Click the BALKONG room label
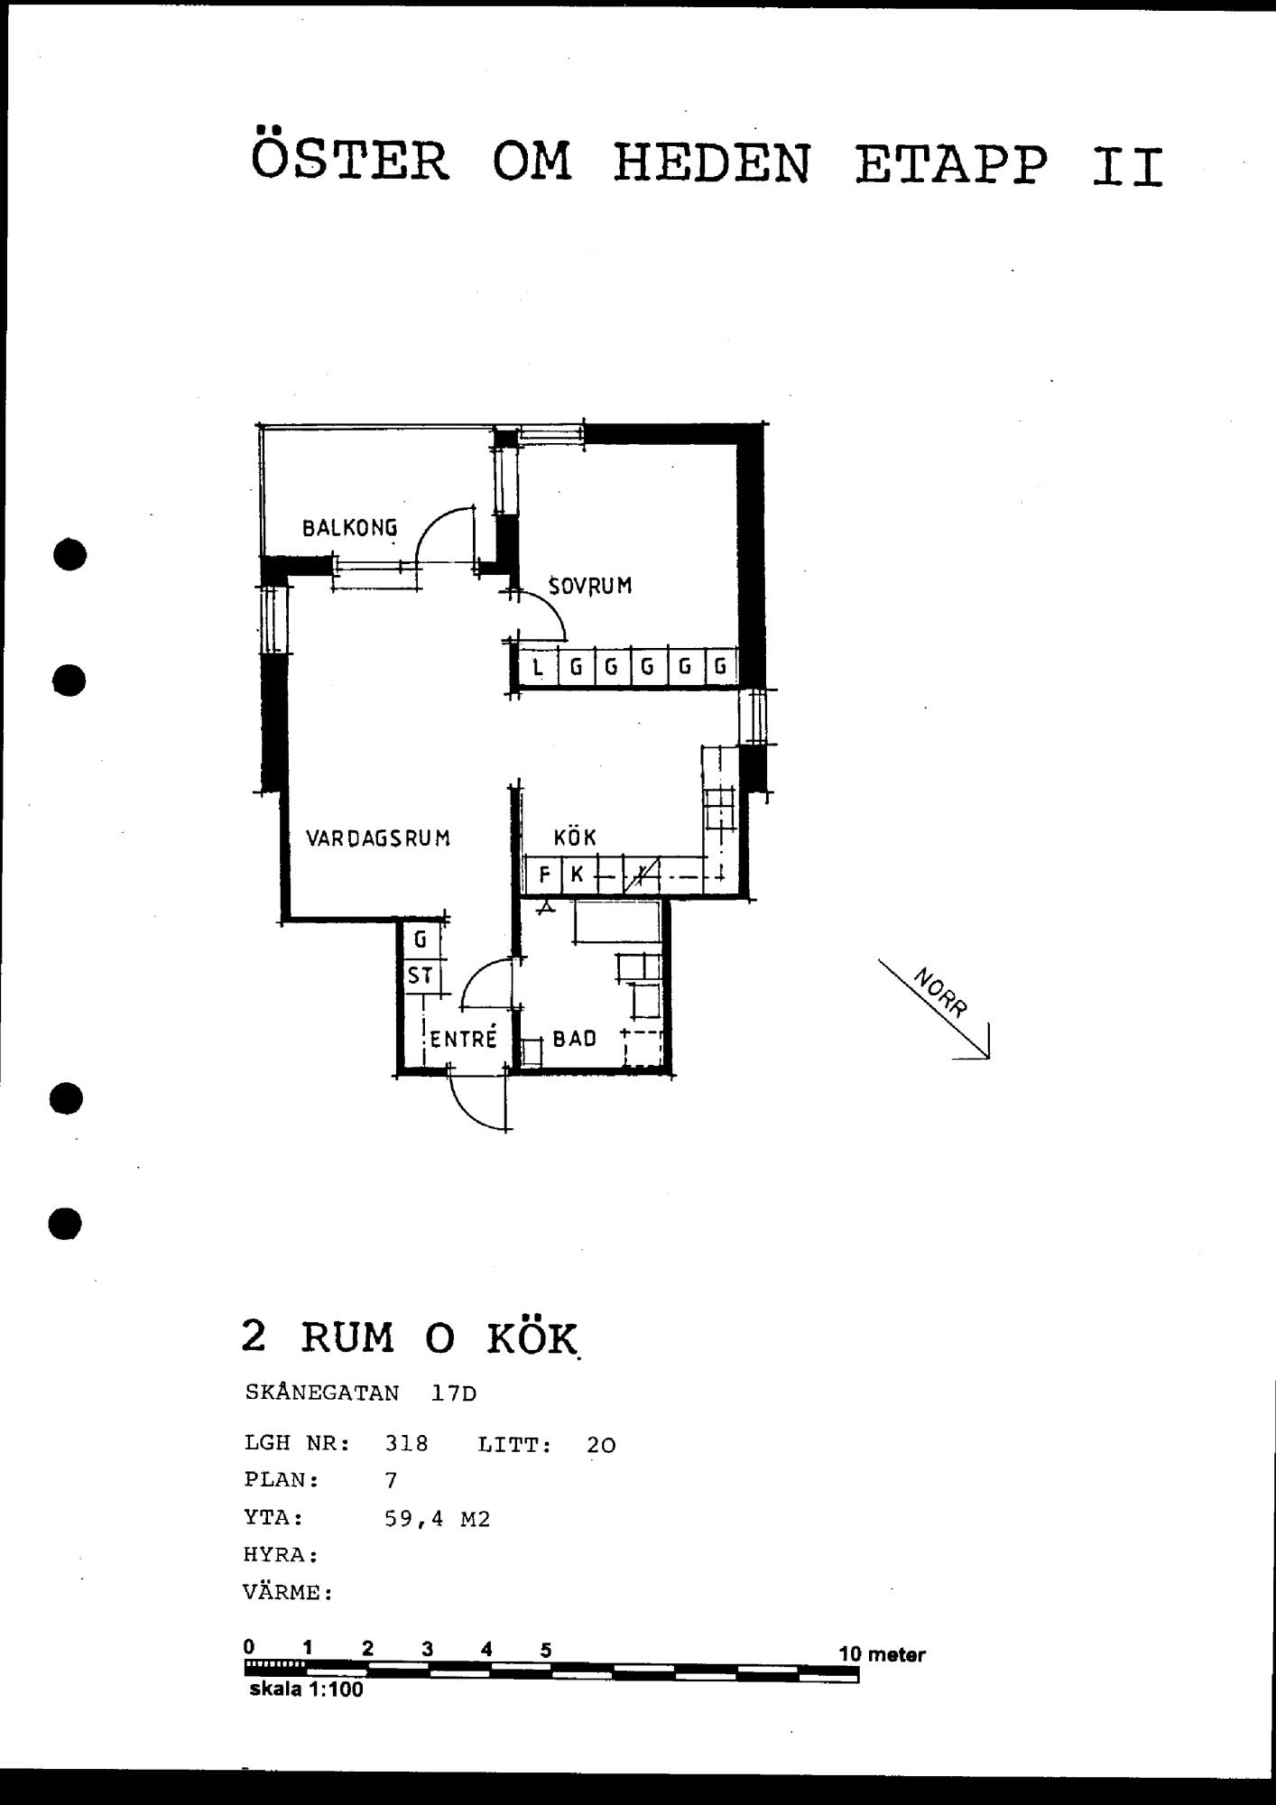tap(349, 528)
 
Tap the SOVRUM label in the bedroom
tap(590, 586)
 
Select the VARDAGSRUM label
tap(378, 838)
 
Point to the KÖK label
tap(575, 837)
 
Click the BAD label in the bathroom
tap(575, 1039)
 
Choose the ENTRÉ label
tap(463, 1038)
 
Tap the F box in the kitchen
tap(544, 875)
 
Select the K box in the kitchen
tap(578, 875)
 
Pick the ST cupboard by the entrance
tap(420, 976)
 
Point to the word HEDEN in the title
tap(712, 164)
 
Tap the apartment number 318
tap(406, 1444)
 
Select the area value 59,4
tap(414, 1519)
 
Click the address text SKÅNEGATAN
tap(322, 1392)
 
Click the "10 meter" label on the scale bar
tap(882, 1654)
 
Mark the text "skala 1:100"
tap(306, 1689)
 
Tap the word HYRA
tap(280, 1555)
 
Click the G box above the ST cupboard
tap(421, 940)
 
